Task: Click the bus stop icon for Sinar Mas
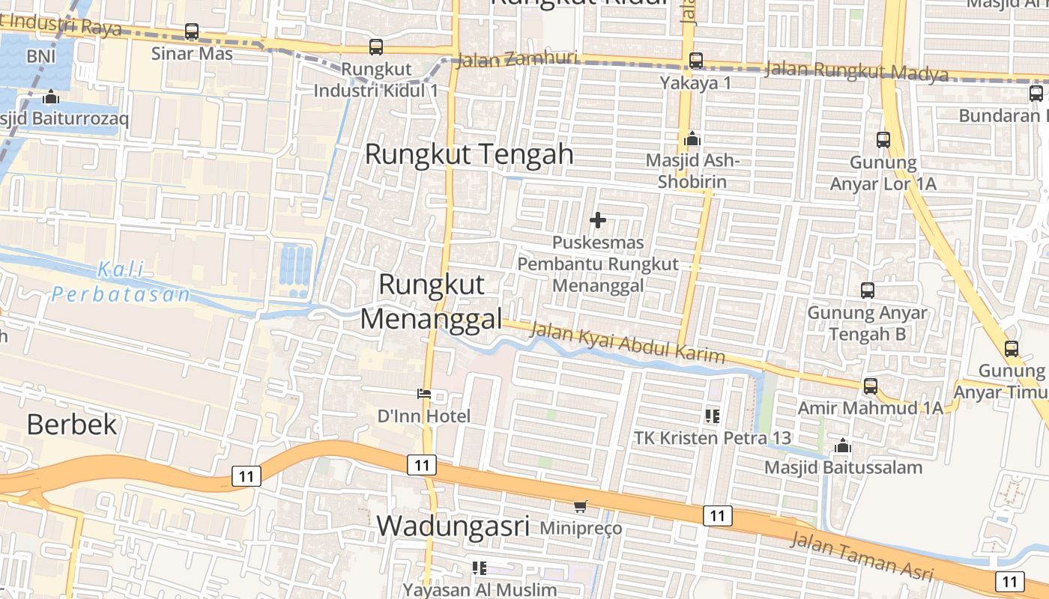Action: tap(192, 31)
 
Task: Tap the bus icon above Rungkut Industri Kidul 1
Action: tap(376, 47)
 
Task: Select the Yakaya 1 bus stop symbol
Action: tap(696, 61)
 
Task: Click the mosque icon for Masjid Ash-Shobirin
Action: tap(692, 139)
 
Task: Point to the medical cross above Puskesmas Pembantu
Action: tap(598, 220)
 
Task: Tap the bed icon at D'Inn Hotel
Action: tap(424, 394)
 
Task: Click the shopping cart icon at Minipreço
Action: tap(581, 507)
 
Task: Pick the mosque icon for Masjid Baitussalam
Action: tap(843, 446)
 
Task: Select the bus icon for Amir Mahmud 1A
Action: tap(870, 386)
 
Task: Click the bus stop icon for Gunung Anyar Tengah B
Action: tap(868, 291)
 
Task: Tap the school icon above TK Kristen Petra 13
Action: tap(712, 416)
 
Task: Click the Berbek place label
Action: tap(72, 425)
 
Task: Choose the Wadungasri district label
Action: tap(453, 526)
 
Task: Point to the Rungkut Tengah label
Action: tap(469, 154)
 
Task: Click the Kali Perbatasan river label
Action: tap(121, 282)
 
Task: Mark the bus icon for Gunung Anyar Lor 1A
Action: tap(883, 140)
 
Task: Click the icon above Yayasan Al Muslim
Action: tap(480, 568)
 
